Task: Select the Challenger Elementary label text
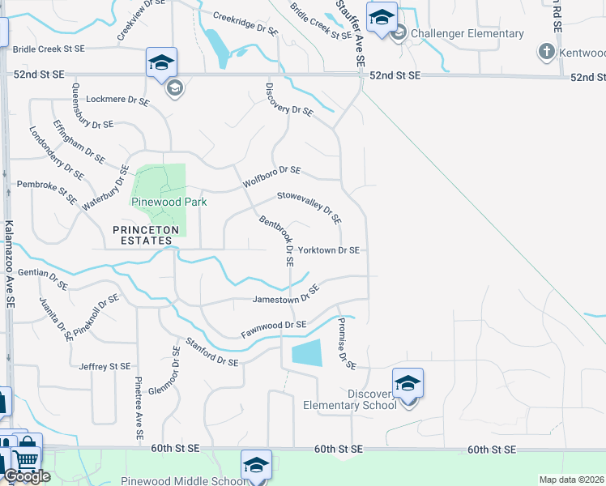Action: (x=467, y=33)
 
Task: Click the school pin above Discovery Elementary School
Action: (x=408, y=382)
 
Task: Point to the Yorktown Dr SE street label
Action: (x=328, y=251)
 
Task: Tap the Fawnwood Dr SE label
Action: (x=273, y=329)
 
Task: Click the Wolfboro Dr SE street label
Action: (x=271, y=177)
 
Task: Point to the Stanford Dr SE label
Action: (x=212, y=352)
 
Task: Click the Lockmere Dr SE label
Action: (x=117, y=102)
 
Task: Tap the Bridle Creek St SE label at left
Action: (x=49, y=49)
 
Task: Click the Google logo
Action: (x=27, y=476)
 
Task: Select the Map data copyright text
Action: (x=572, y=480)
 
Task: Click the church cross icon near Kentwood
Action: (x=546, y=52)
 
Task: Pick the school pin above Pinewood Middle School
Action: (x=256, y=466)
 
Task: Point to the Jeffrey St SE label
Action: (x=105, y=367)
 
